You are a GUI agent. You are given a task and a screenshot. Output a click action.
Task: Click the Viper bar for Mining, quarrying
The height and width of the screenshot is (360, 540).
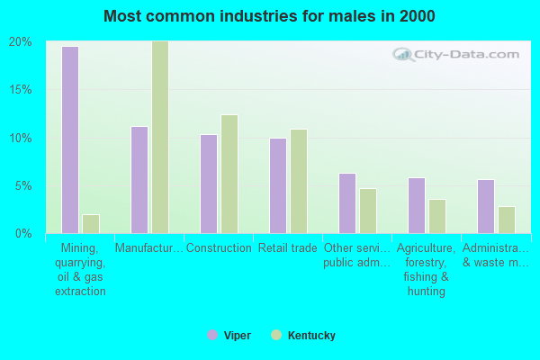tap(69, 139)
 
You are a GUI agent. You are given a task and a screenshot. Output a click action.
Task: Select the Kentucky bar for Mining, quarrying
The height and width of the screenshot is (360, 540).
tap(91, 223)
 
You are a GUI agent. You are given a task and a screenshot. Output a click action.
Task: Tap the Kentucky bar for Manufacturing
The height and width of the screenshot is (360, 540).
tap(160, 137)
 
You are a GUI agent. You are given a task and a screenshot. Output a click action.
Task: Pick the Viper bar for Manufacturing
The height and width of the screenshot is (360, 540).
tap(139, 179)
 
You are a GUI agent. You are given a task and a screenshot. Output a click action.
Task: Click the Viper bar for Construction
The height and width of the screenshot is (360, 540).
tap(209, 184)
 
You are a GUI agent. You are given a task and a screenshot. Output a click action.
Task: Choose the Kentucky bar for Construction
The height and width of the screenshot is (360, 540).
tap(229, 174)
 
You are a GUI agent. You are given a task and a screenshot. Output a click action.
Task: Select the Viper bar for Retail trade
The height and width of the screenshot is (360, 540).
tap(278, 185)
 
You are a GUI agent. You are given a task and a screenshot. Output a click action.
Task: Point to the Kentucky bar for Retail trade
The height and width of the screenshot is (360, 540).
tap(299, 181)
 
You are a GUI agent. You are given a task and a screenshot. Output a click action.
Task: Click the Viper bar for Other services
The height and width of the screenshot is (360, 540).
tap(347, 202)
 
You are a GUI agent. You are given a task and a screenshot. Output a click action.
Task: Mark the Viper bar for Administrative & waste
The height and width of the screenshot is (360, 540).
tap(486, 206)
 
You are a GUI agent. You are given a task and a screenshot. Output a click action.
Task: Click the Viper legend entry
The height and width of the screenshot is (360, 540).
tap(229, 336)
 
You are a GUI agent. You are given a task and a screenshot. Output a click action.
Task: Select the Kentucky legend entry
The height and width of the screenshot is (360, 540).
tap(303, 336)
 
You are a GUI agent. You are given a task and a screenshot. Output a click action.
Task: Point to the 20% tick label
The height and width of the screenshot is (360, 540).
tap(21, 42)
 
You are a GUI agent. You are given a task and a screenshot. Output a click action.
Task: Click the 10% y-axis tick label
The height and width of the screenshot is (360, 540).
tap(21, 138)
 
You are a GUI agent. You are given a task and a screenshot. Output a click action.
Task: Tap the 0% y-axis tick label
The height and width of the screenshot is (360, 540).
tap(23, 234)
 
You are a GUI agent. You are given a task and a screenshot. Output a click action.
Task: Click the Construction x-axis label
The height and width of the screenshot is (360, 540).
tap(219, 248)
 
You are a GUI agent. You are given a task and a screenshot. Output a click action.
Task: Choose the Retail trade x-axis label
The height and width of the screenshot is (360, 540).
tap(288, 248)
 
